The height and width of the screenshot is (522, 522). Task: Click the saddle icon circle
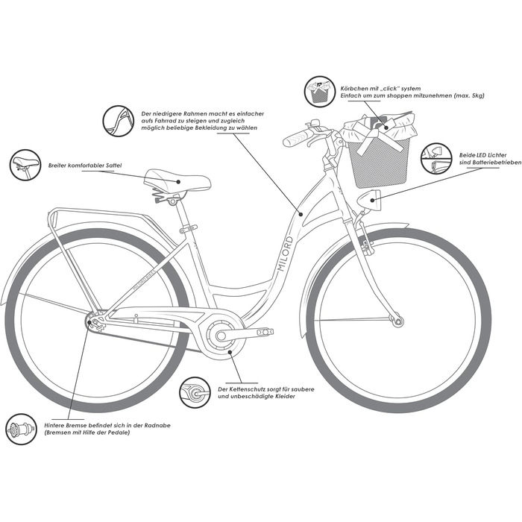(x=25, y=165)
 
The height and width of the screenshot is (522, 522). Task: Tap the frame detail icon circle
(x=118, y=121)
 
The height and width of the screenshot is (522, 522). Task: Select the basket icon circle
(x=319, y=91)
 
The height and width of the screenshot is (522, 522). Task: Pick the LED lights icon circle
(x=436, y=158)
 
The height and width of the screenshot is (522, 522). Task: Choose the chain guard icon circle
(x=195, y=392)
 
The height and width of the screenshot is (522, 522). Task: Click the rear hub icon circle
(x=22, y=429)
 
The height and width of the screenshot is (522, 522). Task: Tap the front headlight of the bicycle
(x=369, y=200)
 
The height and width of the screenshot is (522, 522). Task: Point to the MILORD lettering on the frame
(x=286, y=254)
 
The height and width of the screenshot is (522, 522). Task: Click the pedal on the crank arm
(x=265, y=332)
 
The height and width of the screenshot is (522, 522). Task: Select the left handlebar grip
(x=298, y=138)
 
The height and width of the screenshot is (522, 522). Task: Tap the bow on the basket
(x=371, y=136)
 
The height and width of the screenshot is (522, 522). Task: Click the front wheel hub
(x=397, y=321)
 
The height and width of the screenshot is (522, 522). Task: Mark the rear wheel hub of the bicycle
(x=95, y=322)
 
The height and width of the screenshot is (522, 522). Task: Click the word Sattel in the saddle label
(x=114, y=166)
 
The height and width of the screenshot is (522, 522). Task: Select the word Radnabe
(x=157, y=426)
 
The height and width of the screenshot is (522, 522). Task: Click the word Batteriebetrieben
(x=495, y=163)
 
